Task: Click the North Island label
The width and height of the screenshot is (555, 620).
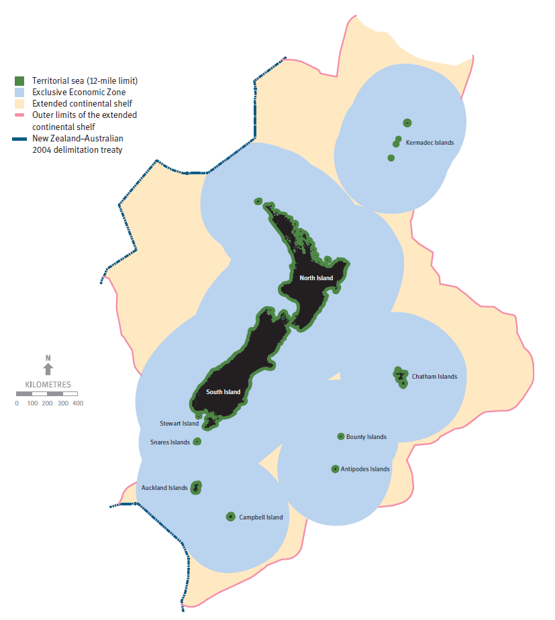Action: (316, 278)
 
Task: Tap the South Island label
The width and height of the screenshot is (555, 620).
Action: (223, 392)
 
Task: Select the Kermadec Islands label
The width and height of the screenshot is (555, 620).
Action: (430, 143)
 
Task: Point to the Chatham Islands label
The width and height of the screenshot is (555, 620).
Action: (434, 377)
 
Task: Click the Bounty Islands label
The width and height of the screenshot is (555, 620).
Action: (366, 437)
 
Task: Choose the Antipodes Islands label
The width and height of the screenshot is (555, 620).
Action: (365, 469)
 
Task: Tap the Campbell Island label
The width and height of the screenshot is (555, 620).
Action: (261, 517)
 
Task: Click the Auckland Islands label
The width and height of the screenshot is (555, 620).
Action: (164, 488)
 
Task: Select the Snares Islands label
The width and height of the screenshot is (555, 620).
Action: (170, 442)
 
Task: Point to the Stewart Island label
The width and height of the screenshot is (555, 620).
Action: (179, 424)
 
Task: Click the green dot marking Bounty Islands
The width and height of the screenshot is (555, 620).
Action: (341, 436)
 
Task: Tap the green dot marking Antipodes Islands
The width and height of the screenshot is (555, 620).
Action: (335, 469)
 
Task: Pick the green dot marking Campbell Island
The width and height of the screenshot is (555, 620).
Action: (231, 517)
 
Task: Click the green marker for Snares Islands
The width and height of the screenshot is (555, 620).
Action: (197, 442)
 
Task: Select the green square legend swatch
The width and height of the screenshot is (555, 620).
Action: (19, 81)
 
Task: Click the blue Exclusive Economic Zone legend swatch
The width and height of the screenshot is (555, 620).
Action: (19, 92)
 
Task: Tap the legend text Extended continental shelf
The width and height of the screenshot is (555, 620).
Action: (82, 104)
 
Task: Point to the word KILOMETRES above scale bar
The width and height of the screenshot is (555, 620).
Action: (48, 385)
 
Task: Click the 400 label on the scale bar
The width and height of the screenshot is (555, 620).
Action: (78, 404)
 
